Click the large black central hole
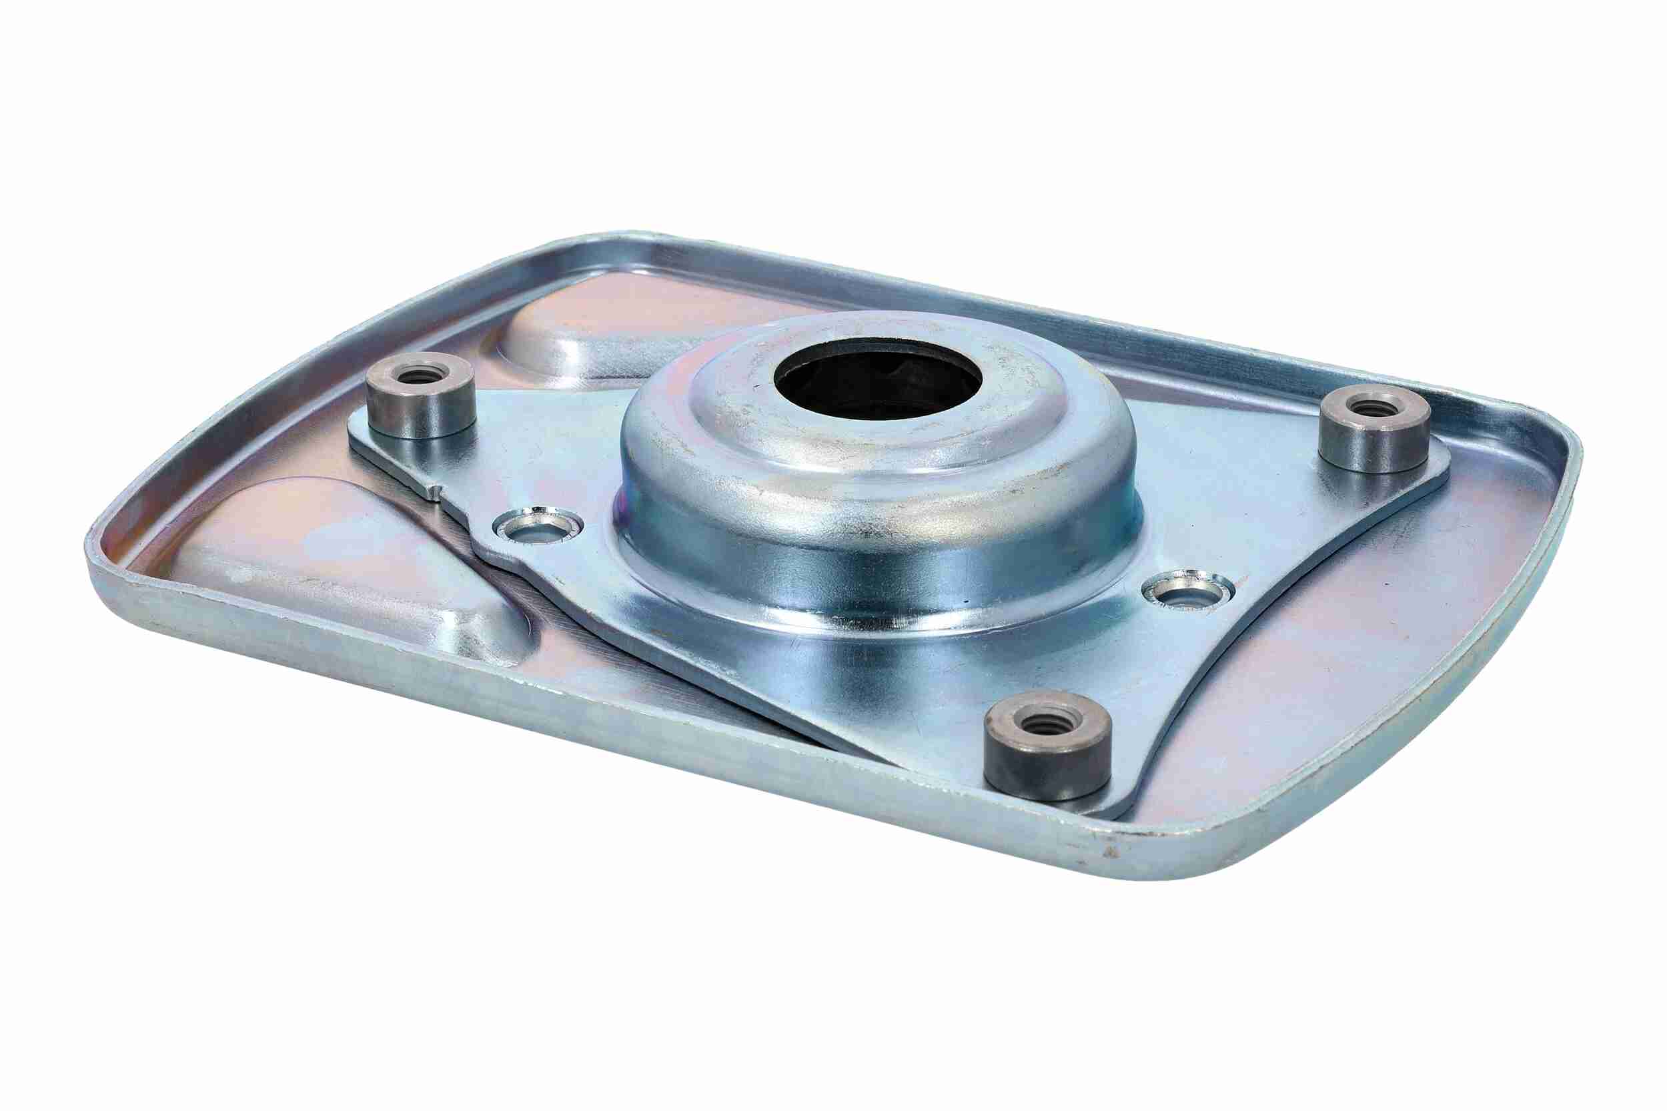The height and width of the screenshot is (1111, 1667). [877, 382]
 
